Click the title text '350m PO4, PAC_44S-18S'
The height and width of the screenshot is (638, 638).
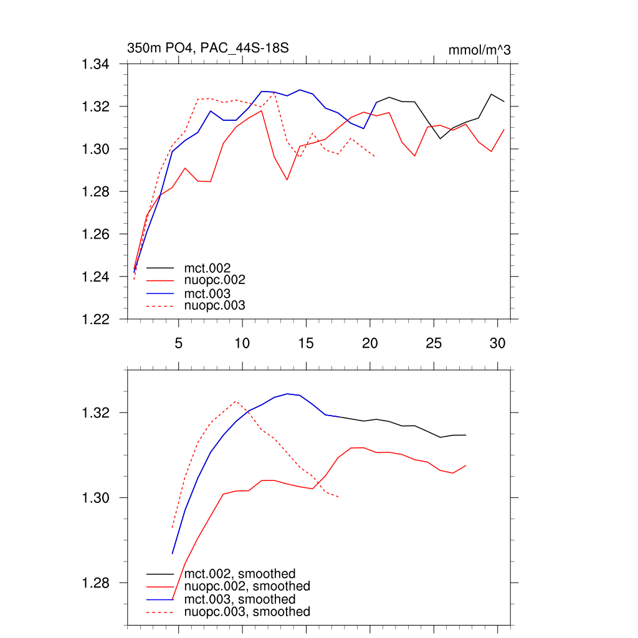[x=207, y=48]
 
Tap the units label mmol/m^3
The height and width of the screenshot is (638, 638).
[x=479, y=50]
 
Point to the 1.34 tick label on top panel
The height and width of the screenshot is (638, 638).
[x=96, y=64]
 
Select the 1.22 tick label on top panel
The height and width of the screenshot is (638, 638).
[x=96, y=319]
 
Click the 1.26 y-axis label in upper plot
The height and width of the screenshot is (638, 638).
[x=96, y=234]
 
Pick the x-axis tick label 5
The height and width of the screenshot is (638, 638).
[x=178, y=343]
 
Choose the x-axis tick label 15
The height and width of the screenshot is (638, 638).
[x=306, y=343]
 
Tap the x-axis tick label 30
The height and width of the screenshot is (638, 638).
[x=497, y=343]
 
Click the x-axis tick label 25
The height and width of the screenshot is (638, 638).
[x=434, y=343]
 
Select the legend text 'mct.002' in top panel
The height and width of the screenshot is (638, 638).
[x=212, y=269]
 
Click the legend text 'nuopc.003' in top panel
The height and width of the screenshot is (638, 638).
[x=215, y=305]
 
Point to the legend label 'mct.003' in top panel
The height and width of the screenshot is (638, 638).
[x=212, y=293]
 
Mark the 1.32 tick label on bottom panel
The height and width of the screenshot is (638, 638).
[x=96, y=412]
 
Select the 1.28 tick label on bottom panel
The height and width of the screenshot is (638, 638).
[x=96, y=583]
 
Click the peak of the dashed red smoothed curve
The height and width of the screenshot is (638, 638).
[x=236, y=401]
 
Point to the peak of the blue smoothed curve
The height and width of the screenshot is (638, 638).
[x=287, y=394]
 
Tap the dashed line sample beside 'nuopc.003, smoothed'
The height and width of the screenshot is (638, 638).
[x=159, y=612]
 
